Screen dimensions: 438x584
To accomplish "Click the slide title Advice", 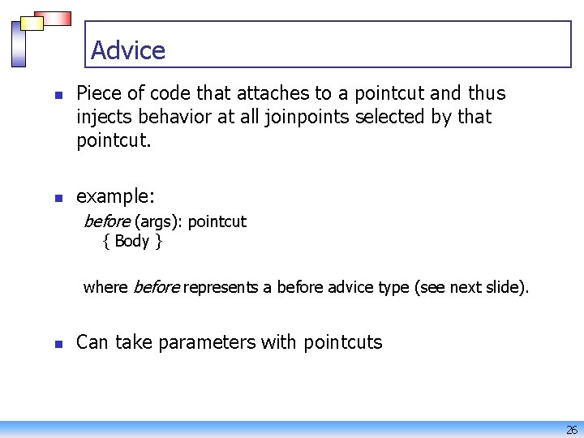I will [128, 50].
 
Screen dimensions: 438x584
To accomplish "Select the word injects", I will [103, 117].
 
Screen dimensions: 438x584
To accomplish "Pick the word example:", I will [115, 197].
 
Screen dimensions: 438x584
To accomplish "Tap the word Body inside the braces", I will [132, 241].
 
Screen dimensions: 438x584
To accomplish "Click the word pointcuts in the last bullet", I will [342, 342].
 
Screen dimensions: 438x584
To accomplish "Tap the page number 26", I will [571, 430].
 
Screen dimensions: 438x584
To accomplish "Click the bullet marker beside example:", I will [58, 198].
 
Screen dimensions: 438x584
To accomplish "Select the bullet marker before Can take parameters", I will [58, 343].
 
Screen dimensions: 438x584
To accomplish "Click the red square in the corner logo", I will [56, 19].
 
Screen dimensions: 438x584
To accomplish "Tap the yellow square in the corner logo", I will [32, 24].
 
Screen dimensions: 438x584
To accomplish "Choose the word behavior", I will [172, 117].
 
